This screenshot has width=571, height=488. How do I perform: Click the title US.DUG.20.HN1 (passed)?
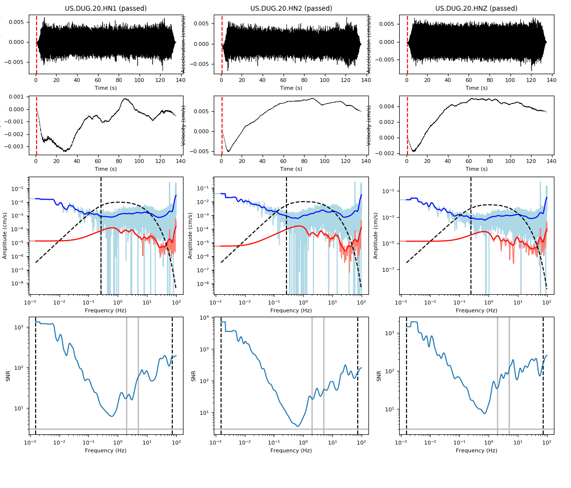click(x=106, y=8)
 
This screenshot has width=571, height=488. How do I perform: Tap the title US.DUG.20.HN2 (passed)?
click(x=291, y=8)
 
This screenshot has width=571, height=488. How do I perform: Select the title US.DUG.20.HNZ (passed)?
click(x=476, y=8)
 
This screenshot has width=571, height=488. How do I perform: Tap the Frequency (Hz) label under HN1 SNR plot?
click(x=105, y=450)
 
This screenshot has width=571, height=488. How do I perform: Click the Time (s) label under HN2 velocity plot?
click(x=291, y=169)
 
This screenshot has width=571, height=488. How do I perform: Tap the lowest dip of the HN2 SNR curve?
click(x=298, y=426)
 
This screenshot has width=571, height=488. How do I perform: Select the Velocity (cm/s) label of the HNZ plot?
click(x=370, y=125)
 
